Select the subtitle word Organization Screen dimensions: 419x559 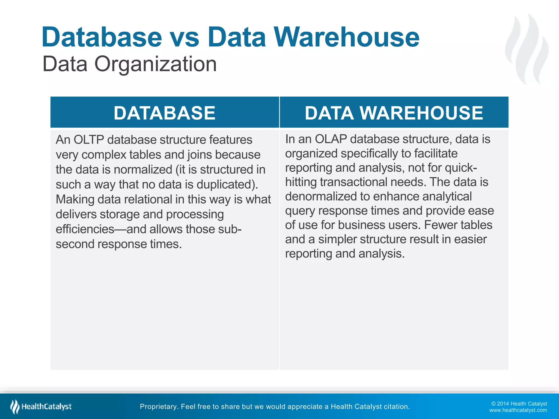point(156,64)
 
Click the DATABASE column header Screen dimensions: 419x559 point(165,113)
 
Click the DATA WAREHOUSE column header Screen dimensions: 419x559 point(394,113)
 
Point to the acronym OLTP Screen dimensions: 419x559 point(89,140)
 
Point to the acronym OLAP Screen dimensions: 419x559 point(331,139)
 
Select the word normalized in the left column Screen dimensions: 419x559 point(143,170)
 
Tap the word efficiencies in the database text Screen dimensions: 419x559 point(85,229)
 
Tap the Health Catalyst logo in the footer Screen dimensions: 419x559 point(41,407)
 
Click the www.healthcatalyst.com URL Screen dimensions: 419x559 point(518,410)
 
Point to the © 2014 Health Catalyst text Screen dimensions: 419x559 point(519,404)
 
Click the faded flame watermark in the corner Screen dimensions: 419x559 point(527,49)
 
